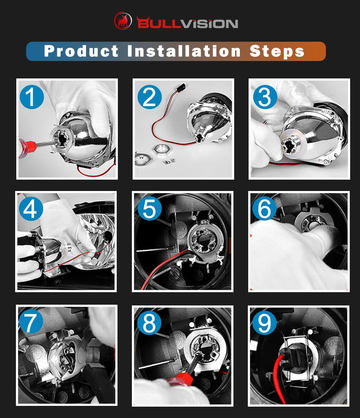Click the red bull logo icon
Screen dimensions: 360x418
coord(123,20)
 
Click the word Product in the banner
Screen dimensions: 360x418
coord(81,51)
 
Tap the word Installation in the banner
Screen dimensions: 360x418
coord(184,51)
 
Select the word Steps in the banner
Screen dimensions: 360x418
coord(277,52)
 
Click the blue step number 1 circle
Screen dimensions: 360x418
coord(32,97)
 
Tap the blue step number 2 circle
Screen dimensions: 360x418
coord(150,97)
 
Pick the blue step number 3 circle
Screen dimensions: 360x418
coord(265,97)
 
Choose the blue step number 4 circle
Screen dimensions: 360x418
coord(31,208)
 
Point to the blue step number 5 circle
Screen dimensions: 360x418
coord(150,208)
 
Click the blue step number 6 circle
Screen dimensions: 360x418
coord(265,208)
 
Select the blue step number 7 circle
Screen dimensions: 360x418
coord(31,321)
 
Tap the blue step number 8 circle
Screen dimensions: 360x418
coord(149,323)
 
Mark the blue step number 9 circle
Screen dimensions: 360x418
coord(264,323)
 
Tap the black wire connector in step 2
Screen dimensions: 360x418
coord(181,88)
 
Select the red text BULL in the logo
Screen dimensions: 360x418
coord(159,23)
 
